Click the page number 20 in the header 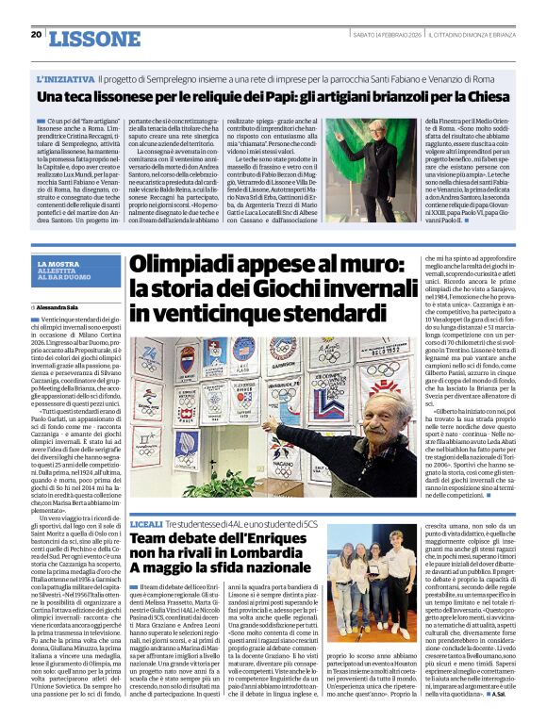pos(36,34)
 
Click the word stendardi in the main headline pos(302,314)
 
